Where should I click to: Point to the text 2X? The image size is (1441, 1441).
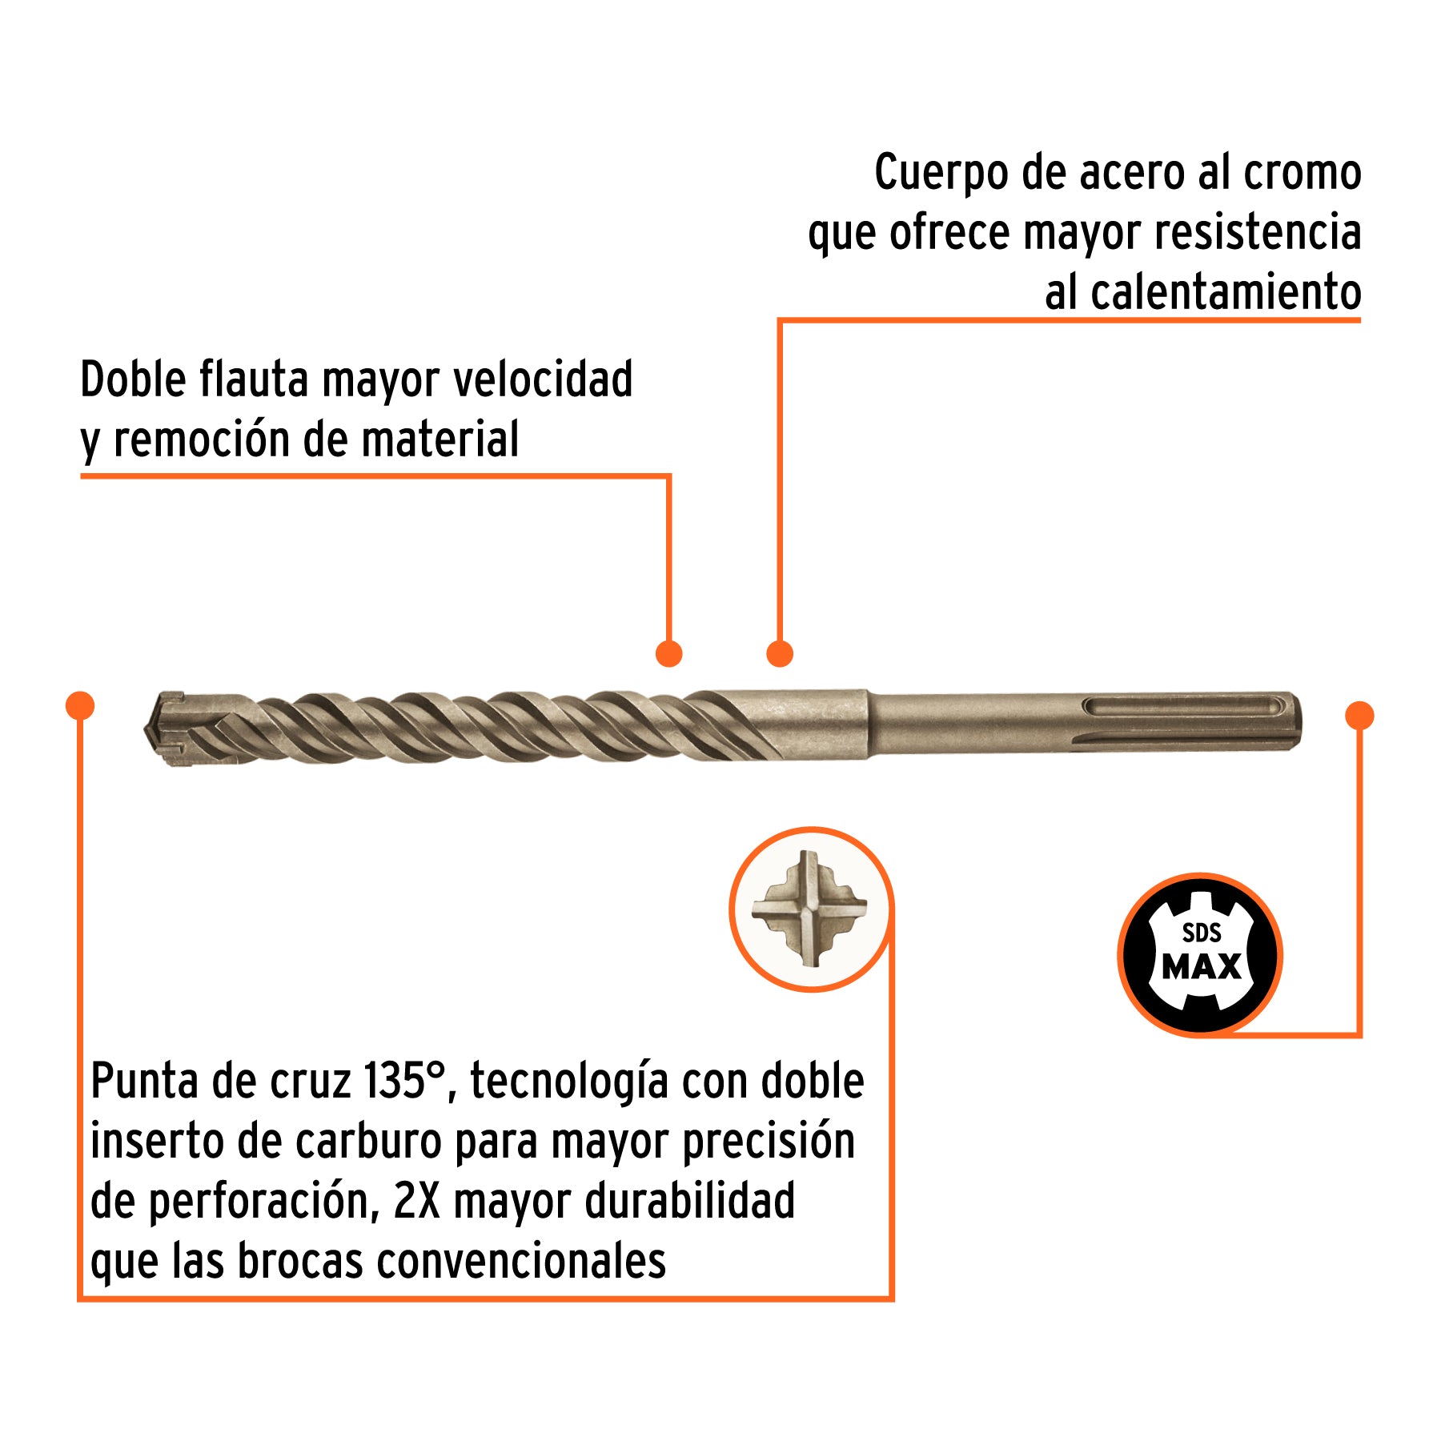[416, 1201]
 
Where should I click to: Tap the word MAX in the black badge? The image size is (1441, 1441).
[1201, 967]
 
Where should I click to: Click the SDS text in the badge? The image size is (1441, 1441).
[1202, 933]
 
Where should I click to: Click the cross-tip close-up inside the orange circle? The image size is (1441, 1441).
[810, 909]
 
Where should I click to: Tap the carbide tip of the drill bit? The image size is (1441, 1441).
[164, 729]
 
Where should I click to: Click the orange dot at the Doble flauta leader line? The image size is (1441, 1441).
[668, 653]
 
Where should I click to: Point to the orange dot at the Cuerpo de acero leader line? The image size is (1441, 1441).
[779, 653]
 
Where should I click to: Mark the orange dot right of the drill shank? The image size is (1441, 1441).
[1359, 716]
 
